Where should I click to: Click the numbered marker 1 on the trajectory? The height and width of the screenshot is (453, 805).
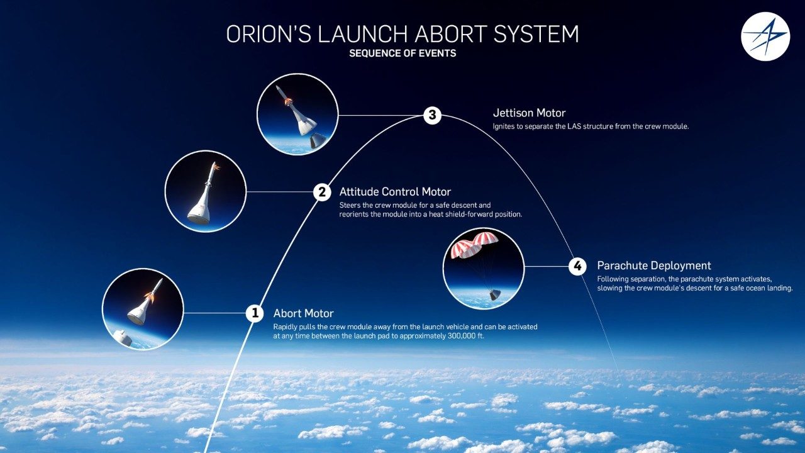tap(254, 313)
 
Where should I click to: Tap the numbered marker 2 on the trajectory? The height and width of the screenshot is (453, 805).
tap(322, 192)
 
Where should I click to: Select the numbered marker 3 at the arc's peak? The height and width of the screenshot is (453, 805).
tap(431, 115)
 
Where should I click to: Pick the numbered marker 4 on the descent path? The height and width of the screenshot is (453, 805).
tap(577, 266)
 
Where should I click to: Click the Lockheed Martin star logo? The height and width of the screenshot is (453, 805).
tap(765, 36)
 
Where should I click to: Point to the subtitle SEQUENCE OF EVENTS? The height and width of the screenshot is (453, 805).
tap(402, 53)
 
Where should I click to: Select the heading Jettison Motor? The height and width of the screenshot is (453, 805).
tap(529, 113)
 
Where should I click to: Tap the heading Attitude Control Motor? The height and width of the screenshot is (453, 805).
tap(395, 192)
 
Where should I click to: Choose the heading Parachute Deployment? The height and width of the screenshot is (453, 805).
tap(654, 266)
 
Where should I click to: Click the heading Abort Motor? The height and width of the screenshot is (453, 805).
tap(303, 313)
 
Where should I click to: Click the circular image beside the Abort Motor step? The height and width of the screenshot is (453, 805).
tap(143, 309)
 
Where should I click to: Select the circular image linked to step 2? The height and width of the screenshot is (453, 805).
tap(205, 191)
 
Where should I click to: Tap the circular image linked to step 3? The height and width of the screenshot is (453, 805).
tap(297, 114)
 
